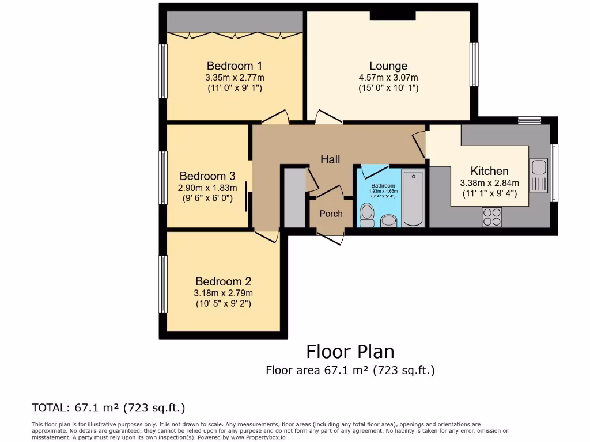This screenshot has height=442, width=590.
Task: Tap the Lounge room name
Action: (x=388, y=66)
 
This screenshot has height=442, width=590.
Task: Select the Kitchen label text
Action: (x=489, y=171)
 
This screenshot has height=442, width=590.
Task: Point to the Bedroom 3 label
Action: (x=207, y=176)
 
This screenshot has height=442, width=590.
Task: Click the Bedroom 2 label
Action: (x=223, y=281)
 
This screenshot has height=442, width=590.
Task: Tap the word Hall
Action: (x=330, y=159)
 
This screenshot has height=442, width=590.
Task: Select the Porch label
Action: (x=331, y=214)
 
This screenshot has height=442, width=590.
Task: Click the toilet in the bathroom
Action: (x=366, y=214)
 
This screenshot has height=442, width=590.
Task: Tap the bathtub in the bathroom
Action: (x=413, y=198)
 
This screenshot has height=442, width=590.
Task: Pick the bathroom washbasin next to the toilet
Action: (x=389, y=221)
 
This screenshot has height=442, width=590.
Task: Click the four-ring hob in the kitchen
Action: (x=491, y=216)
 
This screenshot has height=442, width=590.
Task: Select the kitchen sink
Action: (x=540, y=174)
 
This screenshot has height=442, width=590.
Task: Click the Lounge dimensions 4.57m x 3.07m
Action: (x=388, y=78)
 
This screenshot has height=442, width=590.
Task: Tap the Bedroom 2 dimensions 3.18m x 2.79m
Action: (x=223, y=293)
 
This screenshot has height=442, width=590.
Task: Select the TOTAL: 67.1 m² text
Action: (x=108, y=408)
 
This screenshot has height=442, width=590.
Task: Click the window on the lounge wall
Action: (x=474, y=64)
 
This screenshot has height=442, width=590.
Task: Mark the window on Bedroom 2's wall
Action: (x=164, y=284)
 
